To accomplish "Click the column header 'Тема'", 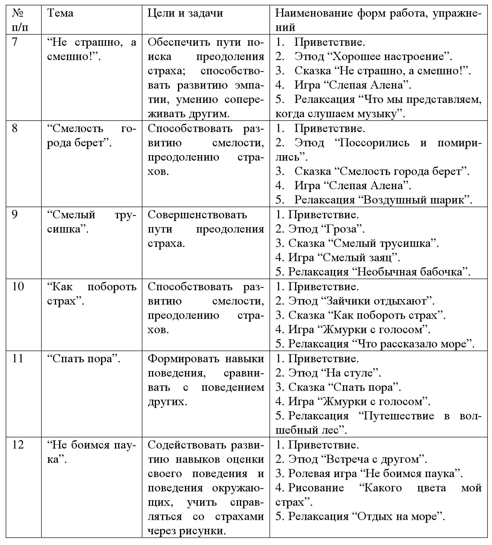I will click(60, 13).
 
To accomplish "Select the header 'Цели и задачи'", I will click(185, 13).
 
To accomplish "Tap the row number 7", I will click(15, 42).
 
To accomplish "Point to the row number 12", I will click(18, 445).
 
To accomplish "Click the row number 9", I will click(15, 214).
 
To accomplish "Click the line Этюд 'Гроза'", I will click(320, 229).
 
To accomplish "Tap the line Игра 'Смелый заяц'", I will click(338, 257).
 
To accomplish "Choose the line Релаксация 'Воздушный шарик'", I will click(374, 200).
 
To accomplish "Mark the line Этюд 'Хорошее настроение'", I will click(364, 56).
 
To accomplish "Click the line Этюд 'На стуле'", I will click(328, 373).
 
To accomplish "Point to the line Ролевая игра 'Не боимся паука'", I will click(369, 473).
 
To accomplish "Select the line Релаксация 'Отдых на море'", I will click(360, 516).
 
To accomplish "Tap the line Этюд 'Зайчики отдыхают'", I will click(355, 301).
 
